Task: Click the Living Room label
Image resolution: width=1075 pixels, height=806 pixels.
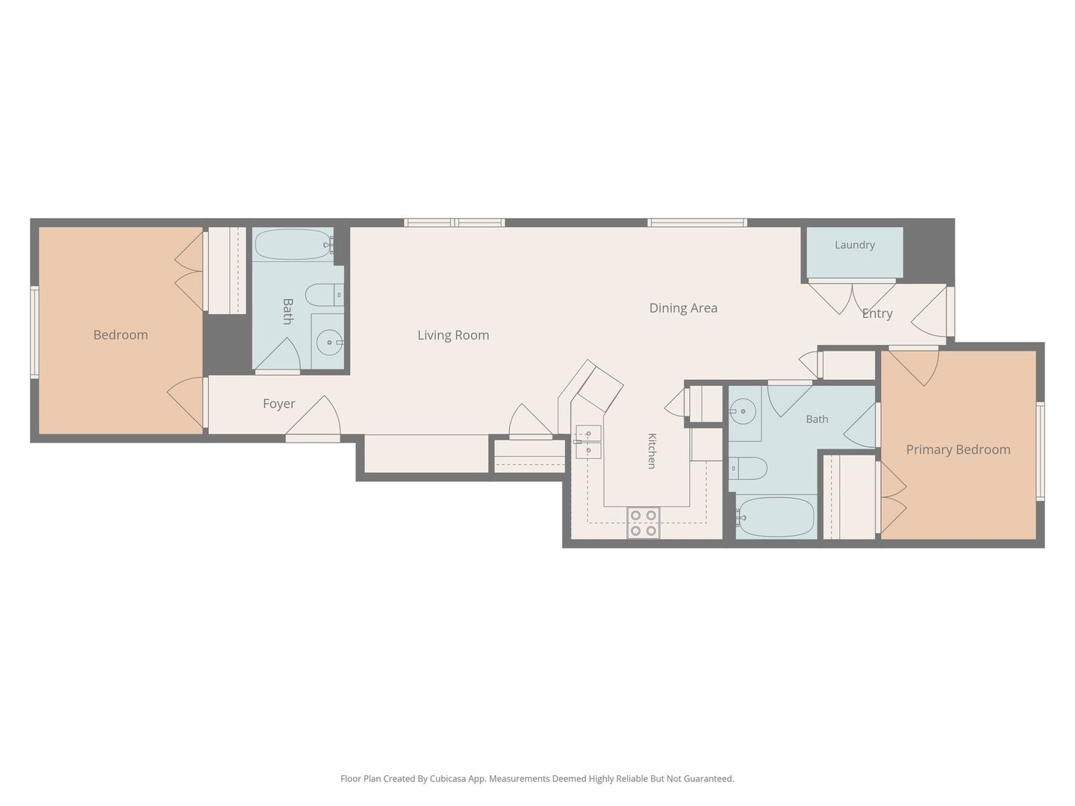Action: [x=453, y=335]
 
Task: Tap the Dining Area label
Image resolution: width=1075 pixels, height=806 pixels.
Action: [x=683, y=307]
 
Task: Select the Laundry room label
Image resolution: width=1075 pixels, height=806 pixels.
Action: [x=855, y=245]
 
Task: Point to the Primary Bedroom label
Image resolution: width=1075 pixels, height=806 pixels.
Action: [x=958, y=450]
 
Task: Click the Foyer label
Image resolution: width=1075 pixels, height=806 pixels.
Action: [x=278, y=404]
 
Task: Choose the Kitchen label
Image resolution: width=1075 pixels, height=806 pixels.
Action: [x=652, y=451]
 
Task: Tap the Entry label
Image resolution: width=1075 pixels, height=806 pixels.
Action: [x=877, y=313]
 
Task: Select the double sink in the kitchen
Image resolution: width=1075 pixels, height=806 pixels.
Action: [x=588, y=442]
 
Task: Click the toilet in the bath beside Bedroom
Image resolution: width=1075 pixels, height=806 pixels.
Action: [x=324, y=295]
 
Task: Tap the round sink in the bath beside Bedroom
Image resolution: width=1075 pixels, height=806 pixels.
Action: [x=329, y=343]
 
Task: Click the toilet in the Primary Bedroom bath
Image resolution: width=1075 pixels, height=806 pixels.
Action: [x=748, y=469]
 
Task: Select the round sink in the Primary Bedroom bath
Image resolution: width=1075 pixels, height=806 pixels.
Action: [x=743, y=411]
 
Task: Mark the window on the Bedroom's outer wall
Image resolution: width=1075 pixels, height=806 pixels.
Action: [x=35, y=332]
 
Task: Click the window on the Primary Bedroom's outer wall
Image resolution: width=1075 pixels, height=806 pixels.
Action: [x=1040, y=451]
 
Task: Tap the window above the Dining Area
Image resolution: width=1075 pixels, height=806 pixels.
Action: [x=697, y=222]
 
